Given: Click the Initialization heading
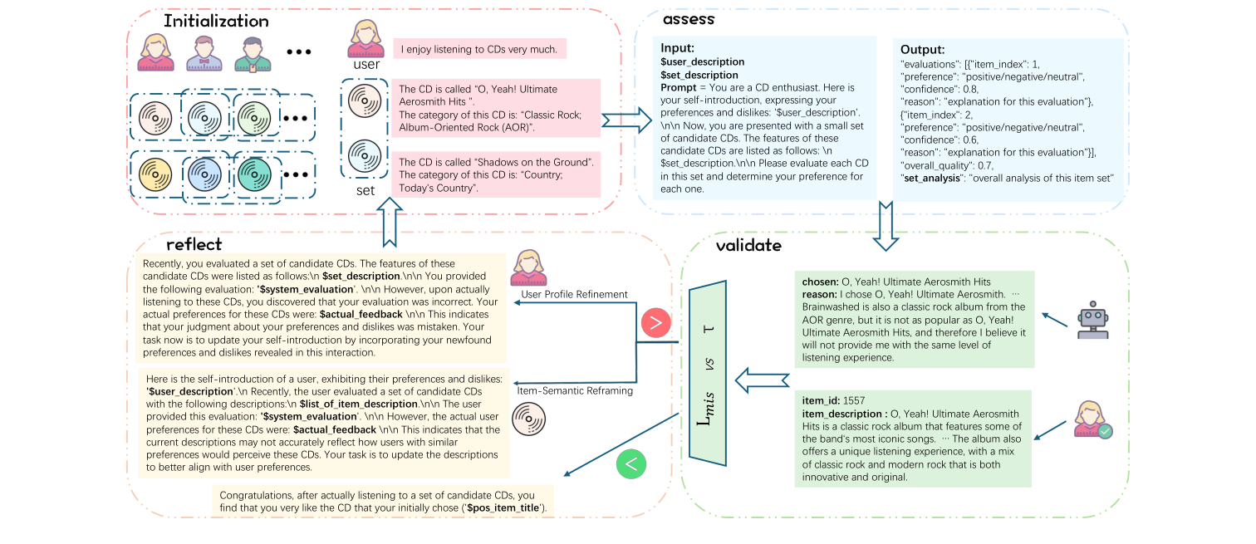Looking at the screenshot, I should pos(216,21).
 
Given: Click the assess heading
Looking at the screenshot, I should pos(689,18).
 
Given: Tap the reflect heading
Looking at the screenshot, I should pos(194,243).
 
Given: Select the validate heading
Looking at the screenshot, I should pos(748,245).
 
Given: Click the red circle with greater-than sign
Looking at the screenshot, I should pos(655,324).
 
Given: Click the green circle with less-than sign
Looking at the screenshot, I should pos(630,464).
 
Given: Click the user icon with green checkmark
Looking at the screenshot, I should pos(1092,420).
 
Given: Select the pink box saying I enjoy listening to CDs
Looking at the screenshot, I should pos(479,49).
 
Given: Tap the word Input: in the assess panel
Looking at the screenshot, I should pos(677,48).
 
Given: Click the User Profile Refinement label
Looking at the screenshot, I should pos(574,295).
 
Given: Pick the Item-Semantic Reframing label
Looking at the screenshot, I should pos(575,390).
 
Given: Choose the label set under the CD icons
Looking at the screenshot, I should pos(366,190).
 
